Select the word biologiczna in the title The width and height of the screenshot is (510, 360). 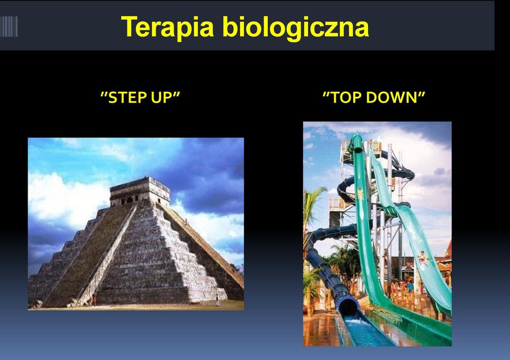[296, 28]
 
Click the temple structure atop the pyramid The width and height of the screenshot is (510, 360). [140, 191]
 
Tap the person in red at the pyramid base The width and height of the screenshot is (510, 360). [93, 299]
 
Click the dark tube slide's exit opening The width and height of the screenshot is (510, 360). [348, 307]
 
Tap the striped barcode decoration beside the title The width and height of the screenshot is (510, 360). [9, 27]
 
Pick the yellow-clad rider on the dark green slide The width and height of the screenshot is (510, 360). [360, 194]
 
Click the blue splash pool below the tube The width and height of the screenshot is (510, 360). [364, 332]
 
